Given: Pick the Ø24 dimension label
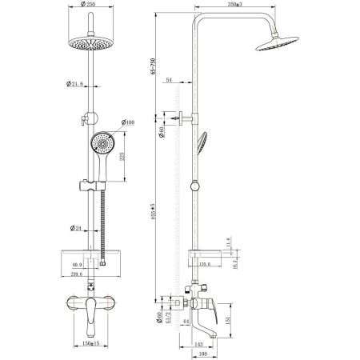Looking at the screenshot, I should [x=78, y=230].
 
